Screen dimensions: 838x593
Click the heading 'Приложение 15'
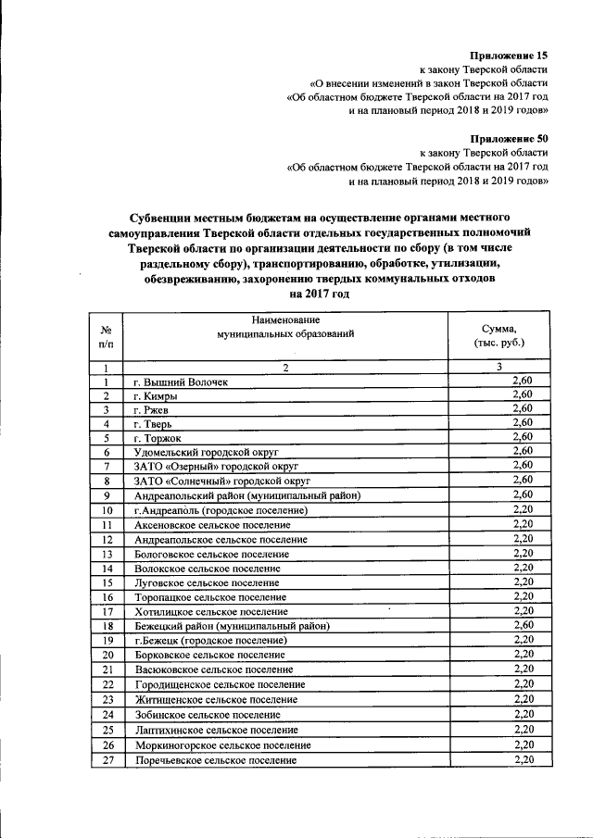click(x=509, y=56)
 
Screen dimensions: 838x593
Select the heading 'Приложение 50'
click(x=509, y=137)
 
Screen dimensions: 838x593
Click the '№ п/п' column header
click(x=107, y=336)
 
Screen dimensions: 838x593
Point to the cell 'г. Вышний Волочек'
click(x=180, y=381)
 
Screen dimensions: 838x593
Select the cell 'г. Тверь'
click(x=153, y=423)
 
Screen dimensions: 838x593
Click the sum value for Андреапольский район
click(x=523, y=494)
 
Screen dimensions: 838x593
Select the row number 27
click(x=107, y=760)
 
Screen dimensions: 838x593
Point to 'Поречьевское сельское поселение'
click(x=215, y=760)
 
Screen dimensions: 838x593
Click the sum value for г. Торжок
click(x=523, y=436)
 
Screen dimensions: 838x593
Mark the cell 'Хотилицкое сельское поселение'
click(x=210, y=611)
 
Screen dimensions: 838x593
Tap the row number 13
click(x=107, y=554)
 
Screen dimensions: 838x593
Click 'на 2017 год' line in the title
click(x=319, y=293)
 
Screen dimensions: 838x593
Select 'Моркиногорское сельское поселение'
click(x=222, y=745)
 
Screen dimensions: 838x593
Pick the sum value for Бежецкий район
click(x=523, y=625)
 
